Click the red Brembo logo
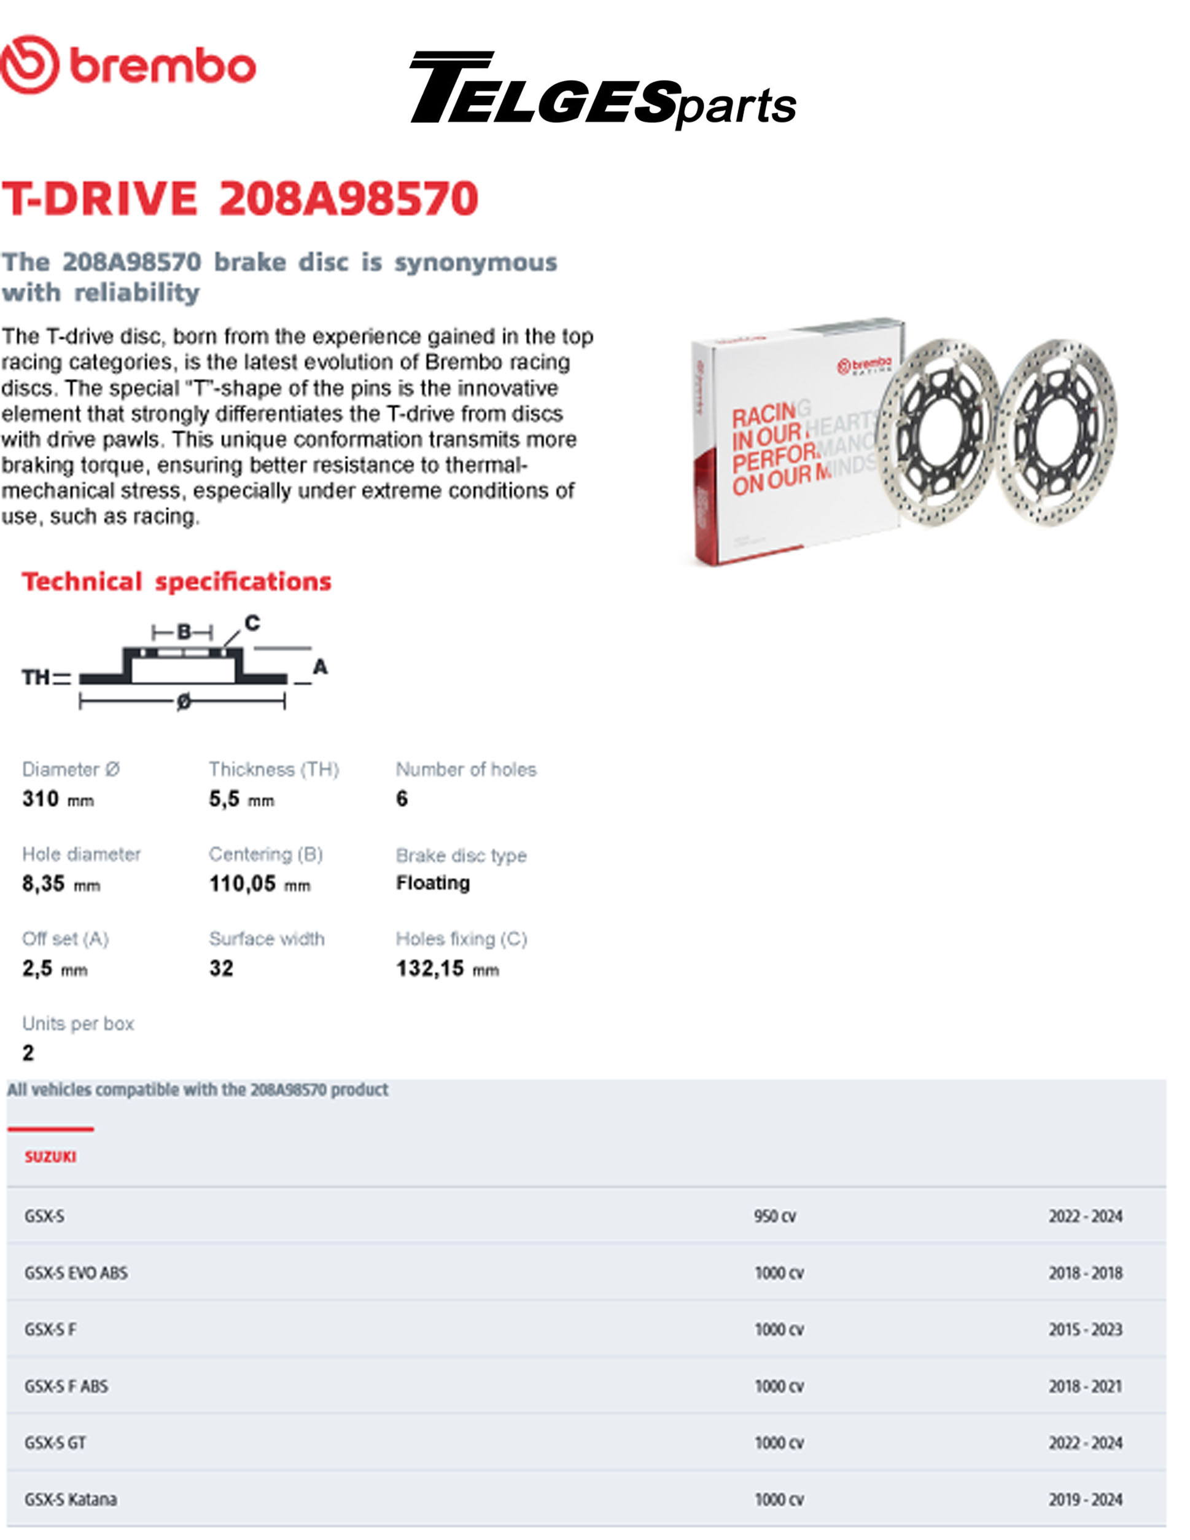pos(128,65)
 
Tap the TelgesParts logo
pos(603,90)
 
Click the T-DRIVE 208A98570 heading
pos(239,198)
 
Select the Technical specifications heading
pos(176,582)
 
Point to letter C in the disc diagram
pos(252,623)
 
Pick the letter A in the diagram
pos(320,666)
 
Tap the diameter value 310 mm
pos(58,799)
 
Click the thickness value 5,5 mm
pos(241,799)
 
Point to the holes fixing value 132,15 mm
pos(447,969)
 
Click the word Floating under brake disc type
pos(433,883)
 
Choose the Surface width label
pos(266,939)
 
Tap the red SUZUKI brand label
pos(50,1157)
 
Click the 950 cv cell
pos(775,1216)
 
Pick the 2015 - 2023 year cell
pos(1085,1330)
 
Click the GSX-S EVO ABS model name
pos(76,1273)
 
